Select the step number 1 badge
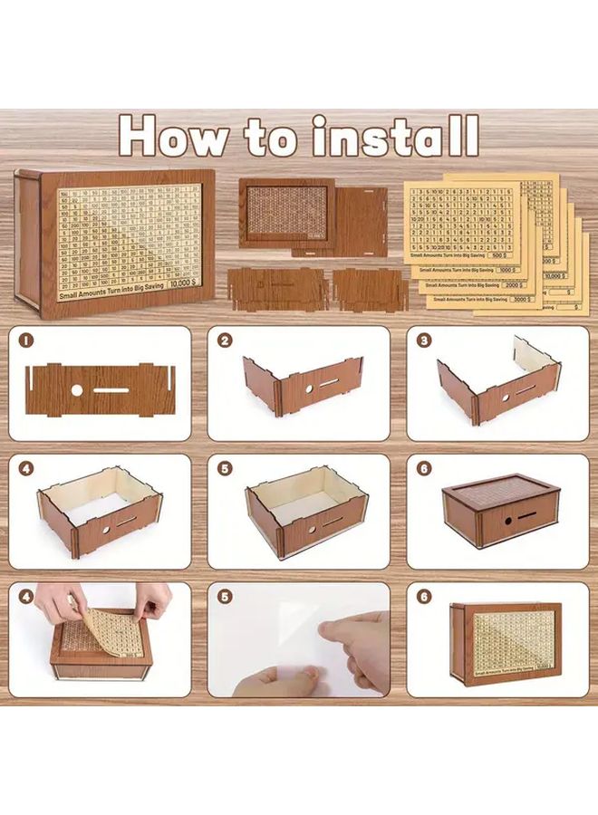point(26,340)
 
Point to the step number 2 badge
point(225,340)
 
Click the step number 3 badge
point(423,340)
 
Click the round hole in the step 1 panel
point(77,390)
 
